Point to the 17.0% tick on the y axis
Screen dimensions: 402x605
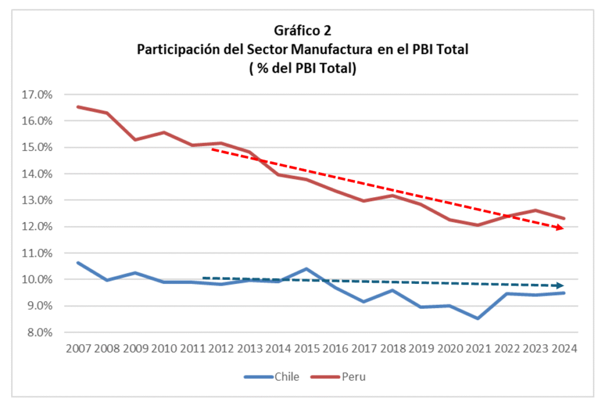[37, 94]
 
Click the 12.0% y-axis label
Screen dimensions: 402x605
[37, 227]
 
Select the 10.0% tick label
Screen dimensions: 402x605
[37, 279]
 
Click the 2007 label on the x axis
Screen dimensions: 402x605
[78, 348]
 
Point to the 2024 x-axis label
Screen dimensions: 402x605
[564, 348]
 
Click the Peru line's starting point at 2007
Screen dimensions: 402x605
[78, 107]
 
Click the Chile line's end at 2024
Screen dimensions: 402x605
[564, 293]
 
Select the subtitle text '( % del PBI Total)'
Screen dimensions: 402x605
[302, 69]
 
